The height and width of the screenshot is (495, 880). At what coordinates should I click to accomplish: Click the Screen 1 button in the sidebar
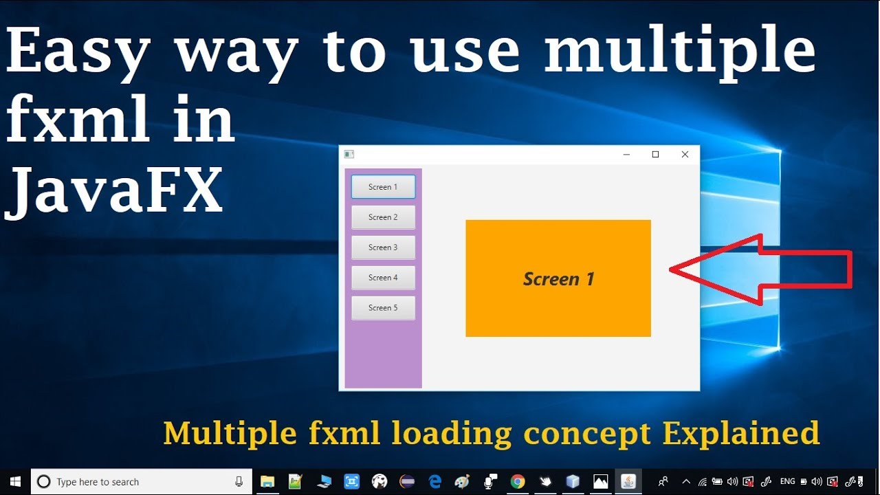click(x=383, y=187)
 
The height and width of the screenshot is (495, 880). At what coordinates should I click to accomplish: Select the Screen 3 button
click(x=383, y=247)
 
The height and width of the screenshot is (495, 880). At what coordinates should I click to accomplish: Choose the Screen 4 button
click(x=383, y=278)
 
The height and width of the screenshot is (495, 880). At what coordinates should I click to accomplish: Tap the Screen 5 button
click(x=383, y=308)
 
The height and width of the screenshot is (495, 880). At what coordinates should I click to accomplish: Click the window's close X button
click(x=685, y=155)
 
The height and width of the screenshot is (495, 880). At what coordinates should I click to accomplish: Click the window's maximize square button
click(x=655, y=155)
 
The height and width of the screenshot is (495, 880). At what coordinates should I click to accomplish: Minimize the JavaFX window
click(x=626, y=155)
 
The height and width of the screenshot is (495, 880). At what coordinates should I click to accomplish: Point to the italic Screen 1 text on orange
click(x=558, y=279)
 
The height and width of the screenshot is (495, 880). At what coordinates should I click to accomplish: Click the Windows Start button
click(x=15, y=482)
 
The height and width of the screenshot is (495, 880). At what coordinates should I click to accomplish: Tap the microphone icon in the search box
click(x=239, y=482)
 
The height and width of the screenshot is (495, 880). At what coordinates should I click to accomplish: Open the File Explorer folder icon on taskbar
click(x=267, y=482)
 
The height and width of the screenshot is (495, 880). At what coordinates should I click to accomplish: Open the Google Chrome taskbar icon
click(x=517, y=482)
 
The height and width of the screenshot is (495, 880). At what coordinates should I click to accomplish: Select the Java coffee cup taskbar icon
click(x=628, y=482)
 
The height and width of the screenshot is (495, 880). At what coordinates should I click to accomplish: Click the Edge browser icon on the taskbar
click(x=434, y=482)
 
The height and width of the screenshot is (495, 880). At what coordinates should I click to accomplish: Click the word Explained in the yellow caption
click(x=740, y=433)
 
